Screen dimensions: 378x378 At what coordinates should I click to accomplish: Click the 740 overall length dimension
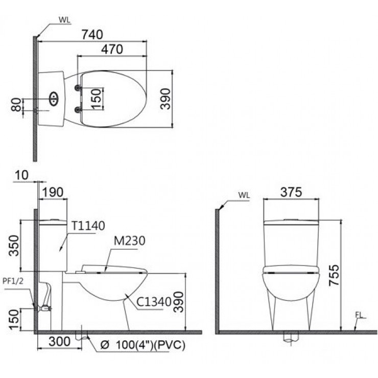[92, 34]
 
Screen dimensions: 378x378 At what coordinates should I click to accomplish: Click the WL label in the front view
[243, 195]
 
